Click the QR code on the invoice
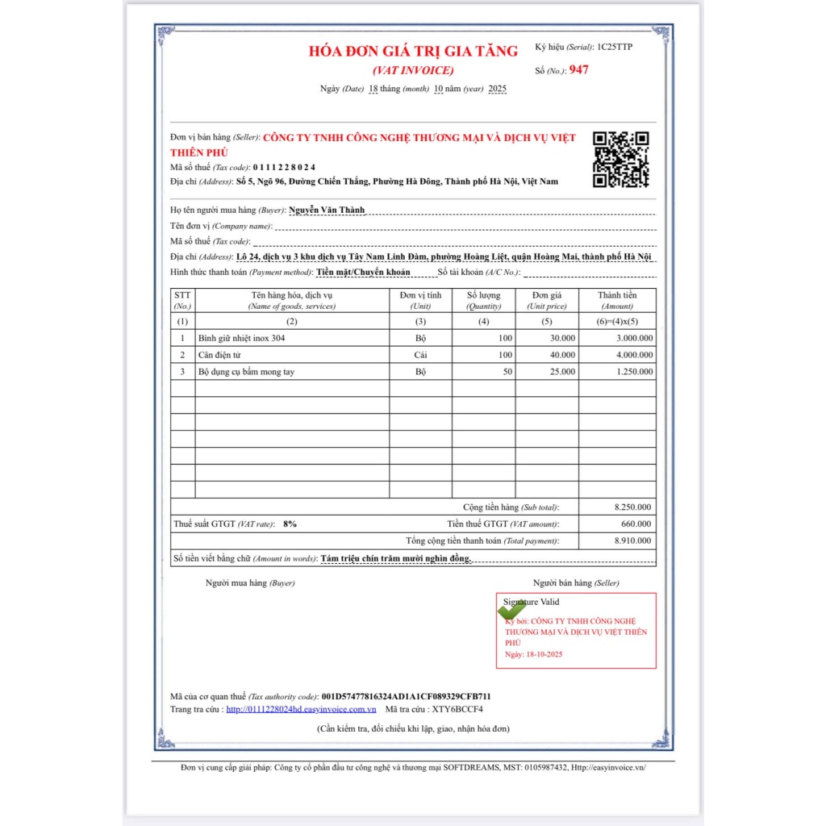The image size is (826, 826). (x=621, y=159)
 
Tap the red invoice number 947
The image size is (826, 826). (x=578, y=70)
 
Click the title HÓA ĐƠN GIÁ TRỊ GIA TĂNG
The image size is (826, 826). (x=413, y=51)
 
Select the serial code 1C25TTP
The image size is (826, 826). (x=615, y=47)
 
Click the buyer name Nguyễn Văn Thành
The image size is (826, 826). (x=327, y=210)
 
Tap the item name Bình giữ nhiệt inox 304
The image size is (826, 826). (x=241, y=338)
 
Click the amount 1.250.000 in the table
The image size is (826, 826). (x=633, y=372)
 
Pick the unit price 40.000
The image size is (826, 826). (x=562, y=355)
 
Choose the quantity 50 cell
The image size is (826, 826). (x=507, y=372)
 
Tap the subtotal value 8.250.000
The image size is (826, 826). (x=633, y=507)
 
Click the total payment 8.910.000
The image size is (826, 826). (x=633, y=540)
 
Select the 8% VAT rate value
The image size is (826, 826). (x=290, y=524)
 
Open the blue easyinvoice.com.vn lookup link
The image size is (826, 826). (x=301, y=709)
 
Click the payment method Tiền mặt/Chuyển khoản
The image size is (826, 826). (x=363, y=273)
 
